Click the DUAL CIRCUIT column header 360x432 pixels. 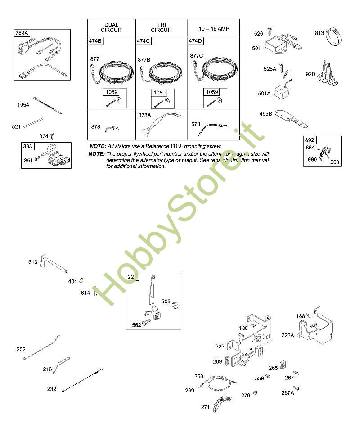point(111,27)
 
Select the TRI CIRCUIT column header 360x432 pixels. point(161,27)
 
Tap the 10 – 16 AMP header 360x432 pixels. point(214,28)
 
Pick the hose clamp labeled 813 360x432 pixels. point(335,36)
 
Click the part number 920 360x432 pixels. point(310,74)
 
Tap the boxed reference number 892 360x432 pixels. point(310,140)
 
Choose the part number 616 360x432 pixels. point(33,262)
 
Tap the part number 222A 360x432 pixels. point(288,334)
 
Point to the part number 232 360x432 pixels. point(52,389)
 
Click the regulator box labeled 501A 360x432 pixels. point(284,94)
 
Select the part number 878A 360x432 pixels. point(144,115)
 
